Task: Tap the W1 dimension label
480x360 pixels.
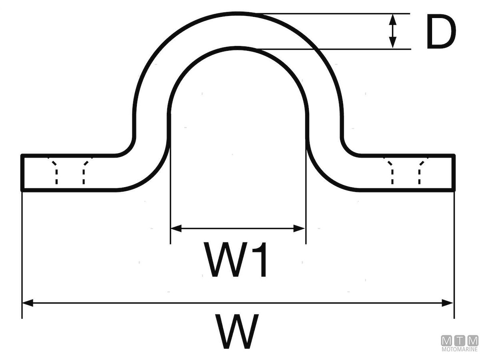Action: [236, 260]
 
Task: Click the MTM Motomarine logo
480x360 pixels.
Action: [460, 344]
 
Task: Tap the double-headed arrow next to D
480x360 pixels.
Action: [393, 31]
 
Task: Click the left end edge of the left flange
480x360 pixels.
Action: [22, 172]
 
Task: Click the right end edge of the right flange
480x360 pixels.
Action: [454, 172]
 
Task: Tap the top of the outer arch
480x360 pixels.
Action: [238, 13]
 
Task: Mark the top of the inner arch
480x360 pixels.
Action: [238, 48]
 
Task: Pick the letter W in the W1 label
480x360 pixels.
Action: [222, 260]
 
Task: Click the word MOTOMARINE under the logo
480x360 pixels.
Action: [460, 350]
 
